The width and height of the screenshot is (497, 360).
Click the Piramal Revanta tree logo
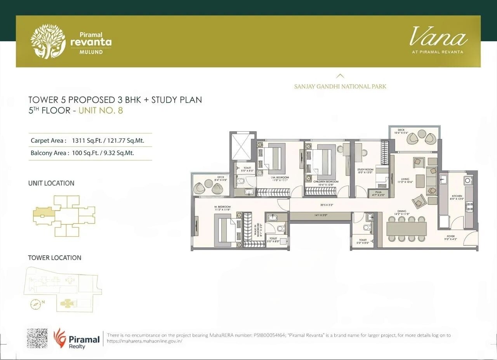[x=48, y=41]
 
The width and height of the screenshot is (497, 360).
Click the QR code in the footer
[x=37, y=338]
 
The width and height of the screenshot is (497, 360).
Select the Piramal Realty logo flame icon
[x=59, y=337]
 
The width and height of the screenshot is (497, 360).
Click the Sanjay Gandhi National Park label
[x=340, y=87]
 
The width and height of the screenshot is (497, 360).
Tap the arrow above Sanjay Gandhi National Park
[x=340, y=76]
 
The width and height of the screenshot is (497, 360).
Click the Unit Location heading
[x=51, y=183]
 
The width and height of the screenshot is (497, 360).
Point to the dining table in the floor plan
[x=406, y=228]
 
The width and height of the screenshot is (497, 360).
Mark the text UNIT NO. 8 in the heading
[x=101, y=111]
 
